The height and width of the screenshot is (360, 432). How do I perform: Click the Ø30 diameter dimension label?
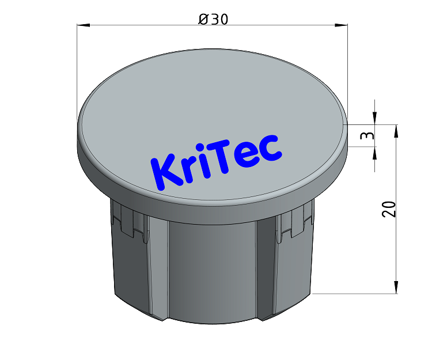pyautogui.click(x=213, y=19)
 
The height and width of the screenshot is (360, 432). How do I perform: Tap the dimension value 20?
pyautogui.click(x=390, y=209)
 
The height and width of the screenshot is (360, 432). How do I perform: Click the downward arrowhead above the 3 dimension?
pyautogui.click(x=375, y=118)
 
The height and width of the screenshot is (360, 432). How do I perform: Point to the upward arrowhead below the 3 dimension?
pyautogui.click(x=375, y=153)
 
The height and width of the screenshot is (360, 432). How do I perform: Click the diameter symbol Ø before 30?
pyautogui.click(x=203, y=19)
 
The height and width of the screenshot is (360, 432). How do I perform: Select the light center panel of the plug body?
pyautogui.click(x=210, y=265)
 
